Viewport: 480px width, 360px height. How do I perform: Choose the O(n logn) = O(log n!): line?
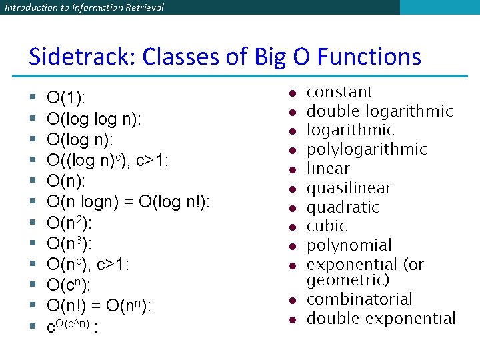click(128, 201)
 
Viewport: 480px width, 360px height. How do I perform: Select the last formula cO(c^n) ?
click(71, 327)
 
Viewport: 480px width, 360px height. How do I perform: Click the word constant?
click(339, 92)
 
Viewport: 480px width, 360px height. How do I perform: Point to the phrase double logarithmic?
click(379, 111)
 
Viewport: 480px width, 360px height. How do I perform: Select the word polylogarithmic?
click(367, 149)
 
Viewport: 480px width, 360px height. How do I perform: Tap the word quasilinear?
click(349, 188)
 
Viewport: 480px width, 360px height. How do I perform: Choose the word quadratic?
click(343, 207)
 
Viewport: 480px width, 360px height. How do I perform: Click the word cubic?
click(327, 226)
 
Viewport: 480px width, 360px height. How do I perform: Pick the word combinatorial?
click(359, 299)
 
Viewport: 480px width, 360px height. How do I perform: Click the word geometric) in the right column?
click(348, 280)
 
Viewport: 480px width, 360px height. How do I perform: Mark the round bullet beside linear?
click(292, 169)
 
